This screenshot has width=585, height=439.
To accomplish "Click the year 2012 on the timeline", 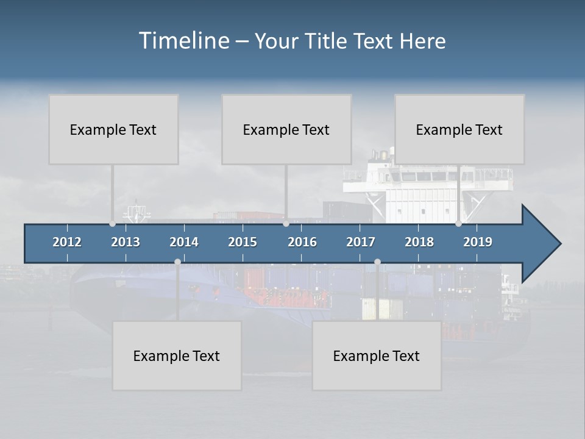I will tap(67, 242).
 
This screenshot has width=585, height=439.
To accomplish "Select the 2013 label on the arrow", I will tap(126, 242).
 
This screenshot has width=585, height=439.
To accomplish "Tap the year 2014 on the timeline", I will tap(184, 242).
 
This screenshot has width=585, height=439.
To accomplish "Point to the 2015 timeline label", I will tap(243, 242).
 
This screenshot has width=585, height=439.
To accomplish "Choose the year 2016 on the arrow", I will tap(302, 242).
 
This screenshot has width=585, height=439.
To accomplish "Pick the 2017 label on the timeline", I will tap(361, 242).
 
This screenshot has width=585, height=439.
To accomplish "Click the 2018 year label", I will tap(419, 242).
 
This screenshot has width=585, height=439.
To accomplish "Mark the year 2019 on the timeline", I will tap(478, 242).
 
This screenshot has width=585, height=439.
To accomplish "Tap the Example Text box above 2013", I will tap(113, 129).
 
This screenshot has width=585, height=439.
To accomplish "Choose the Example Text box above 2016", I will tap(286, 129).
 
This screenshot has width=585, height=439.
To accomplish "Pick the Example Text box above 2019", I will tap(459, 129).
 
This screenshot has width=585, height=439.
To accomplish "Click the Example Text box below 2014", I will tap(177, 355).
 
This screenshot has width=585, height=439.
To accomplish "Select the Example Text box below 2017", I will tap(377, 355).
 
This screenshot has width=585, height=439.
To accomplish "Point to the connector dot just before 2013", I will tap(113, 224).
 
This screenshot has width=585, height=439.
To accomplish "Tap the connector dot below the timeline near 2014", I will tap(177, 262).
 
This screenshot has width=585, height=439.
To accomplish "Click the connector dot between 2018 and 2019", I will tap(459, 224).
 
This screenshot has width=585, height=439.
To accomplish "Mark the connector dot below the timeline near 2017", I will tap(377, 262).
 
